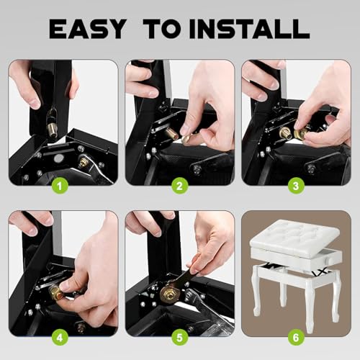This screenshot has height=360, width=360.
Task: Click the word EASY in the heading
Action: point(88,29)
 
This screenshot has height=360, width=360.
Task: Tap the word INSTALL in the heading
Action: point(249,29)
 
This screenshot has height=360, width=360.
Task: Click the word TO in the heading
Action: point(164,29)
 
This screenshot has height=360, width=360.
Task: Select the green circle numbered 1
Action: point(60,186)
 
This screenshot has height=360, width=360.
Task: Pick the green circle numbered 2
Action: point(180,186)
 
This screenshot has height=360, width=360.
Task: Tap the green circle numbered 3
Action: point(296,186)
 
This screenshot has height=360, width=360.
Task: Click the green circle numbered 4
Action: point(60,338)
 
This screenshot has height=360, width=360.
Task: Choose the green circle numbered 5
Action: point(180,338)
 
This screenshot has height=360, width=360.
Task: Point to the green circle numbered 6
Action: point(296,338)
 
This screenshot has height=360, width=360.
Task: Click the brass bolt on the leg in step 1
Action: point(51,129)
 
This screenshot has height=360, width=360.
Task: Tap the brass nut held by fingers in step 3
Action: point(301,133)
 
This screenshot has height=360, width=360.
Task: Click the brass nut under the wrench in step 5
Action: point(167,293)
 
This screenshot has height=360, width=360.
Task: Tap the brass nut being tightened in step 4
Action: point(55,292)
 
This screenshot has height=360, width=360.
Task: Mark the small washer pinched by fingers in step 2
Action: point(186,139)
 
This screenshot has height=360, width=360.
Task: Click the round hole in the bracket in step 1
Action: point(58,158)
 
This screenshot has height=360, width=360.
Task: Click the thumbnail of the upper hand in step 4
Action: point(32,231)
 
